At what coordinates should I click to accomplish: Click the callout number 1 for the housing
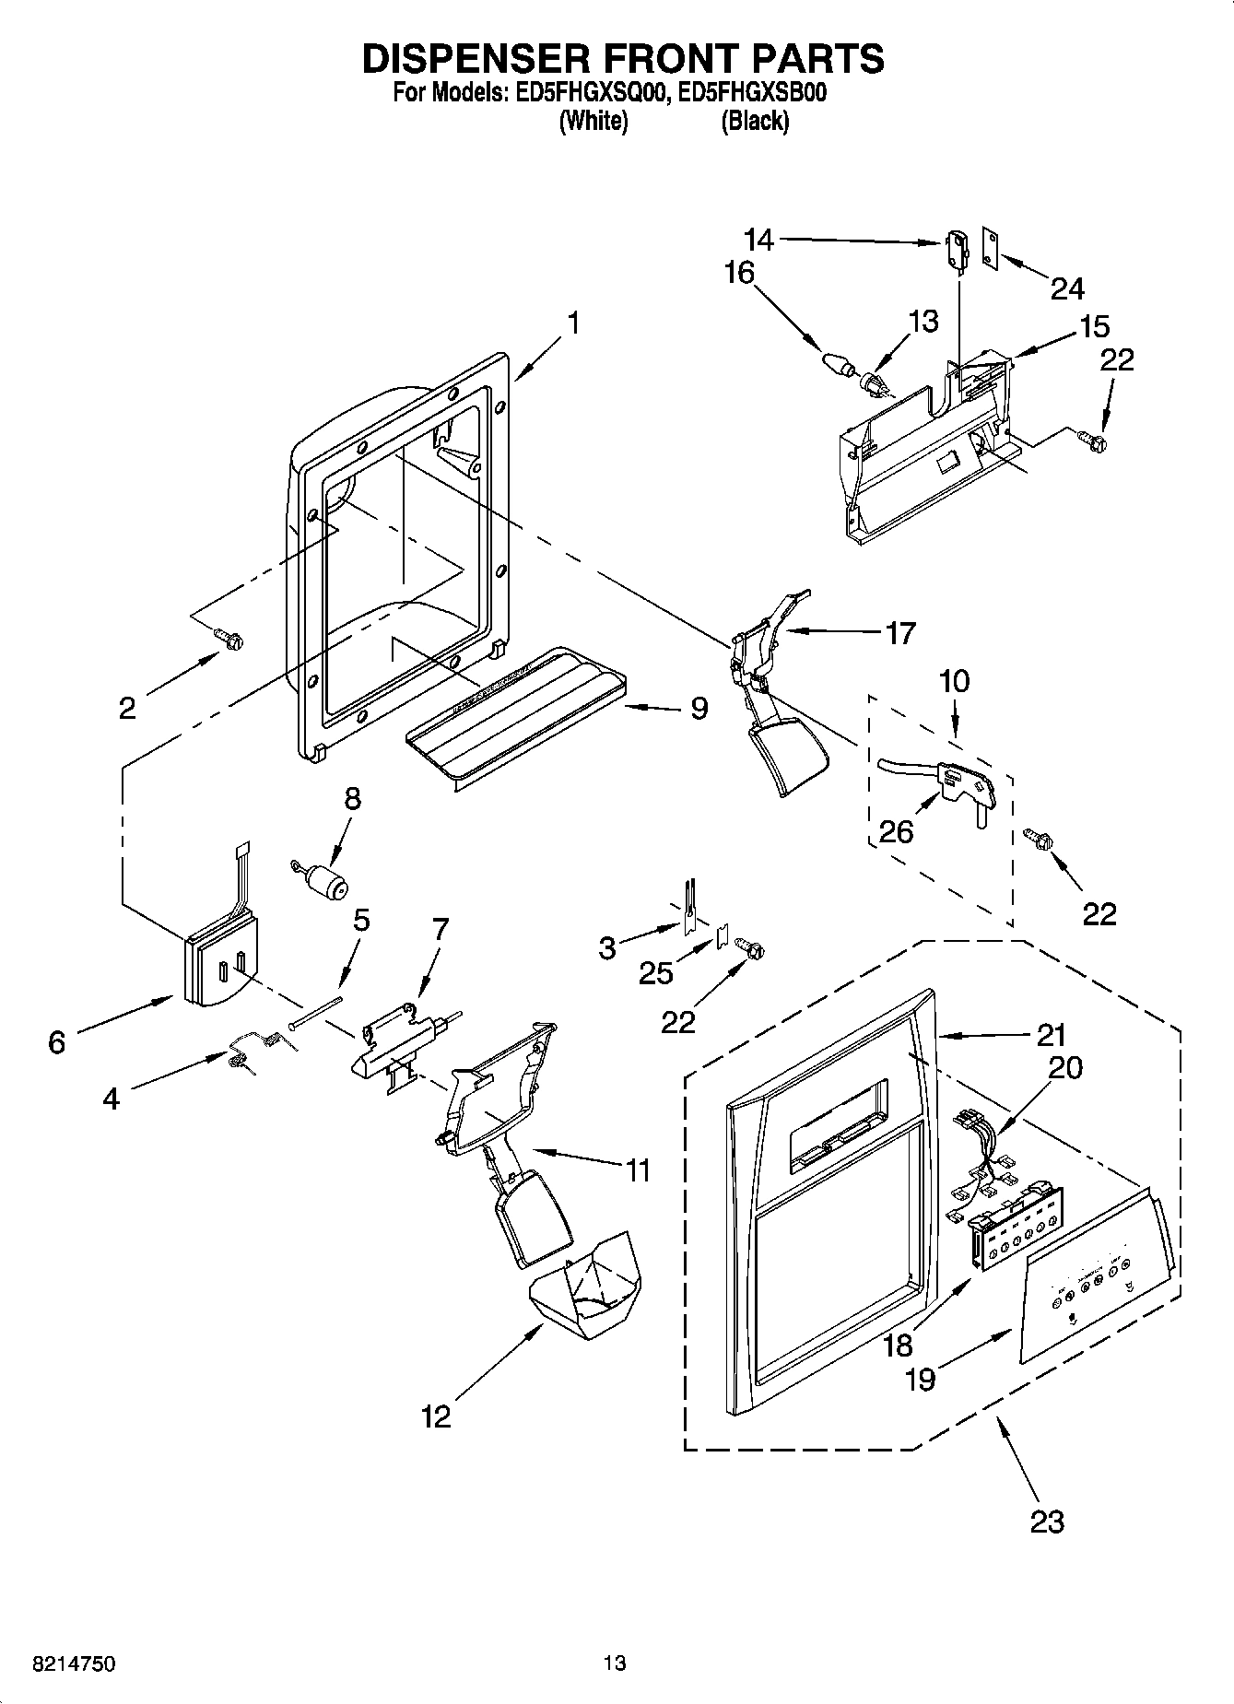coord(573,323)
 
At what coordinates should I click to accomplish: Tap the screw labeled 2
coord(227,638)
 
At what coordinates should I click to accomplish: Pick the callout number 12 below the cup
coord(436,1416)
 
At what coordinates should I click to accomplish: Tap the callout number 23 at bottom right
coord(1047,1521)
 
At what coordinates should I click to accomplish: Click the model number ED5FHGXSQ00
coord(586,92)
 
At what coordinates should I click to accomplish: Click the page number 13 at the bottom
coord(615,1663)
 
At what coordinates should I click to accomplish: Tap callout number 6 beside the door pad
coord(57,1042)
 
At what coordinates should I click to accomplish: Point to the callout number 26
coord(896,831)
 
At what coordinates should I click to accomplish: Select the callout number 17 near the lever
coord(899,633)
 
